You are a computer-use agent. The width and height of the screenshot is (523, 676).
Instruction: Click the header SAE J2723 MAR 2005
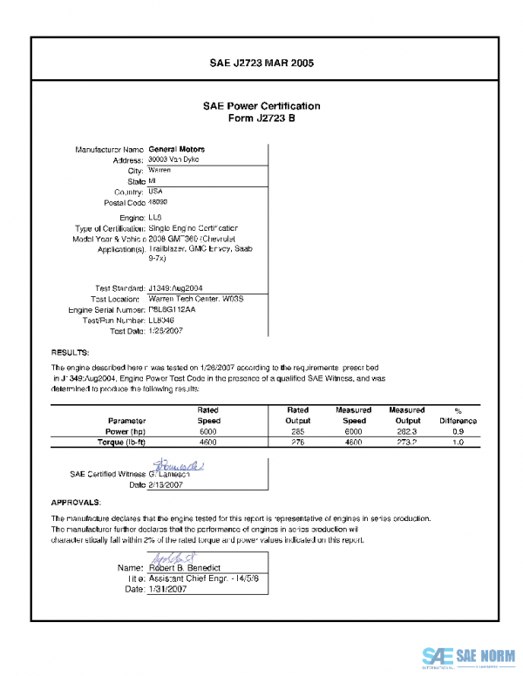pos(261,64)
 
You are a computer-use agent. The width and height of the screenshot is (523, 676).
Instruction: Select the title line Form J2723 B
pos(261,118)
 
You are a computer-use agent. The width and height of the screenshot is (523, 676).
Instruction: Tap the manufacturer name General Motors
pos(177,149)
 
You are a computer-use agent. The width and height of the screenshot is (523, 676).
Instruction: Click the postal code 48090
pos(160,202)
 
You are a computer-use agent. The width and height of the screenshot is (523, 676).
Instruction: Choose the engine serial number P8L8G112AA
pos(173,308)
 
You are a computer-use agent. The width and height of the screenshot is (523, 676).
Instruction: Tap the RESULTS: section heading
pos(70,353)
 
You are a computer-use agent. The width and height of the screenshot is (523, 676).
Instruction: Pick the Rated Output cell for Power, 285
pos(298,431)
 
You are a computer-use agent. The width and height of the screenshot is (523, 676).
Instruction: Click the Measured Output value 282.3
pos(406,431)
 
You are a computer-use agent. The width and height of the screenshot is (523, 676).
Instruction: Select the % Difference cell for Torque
pos(458,443)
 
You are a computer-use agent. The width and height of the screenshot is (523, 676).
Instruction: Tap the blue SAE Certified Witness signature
pos(179,468)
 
